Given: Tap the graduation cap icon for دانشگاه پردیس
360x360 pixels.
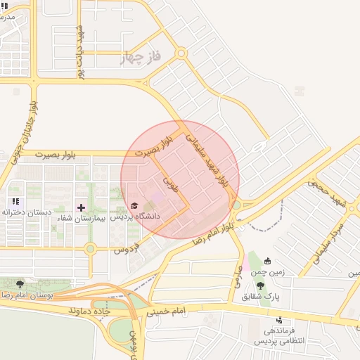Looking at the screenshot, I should coord(134,205).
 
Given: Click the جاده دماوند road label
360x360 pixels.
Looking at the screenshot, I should coord(91,309).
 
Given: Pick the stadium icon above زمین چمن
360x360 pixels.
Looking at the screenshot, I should coord(267,262).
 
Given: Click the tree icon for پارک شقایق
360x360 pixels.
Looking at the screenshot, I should coord(260,285).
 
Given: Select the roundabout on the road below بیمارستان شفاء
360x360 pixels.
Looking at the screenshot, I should coord(90,248).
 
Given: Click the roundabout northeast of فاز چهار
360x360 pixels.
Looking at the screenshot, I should coord(181,53).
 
